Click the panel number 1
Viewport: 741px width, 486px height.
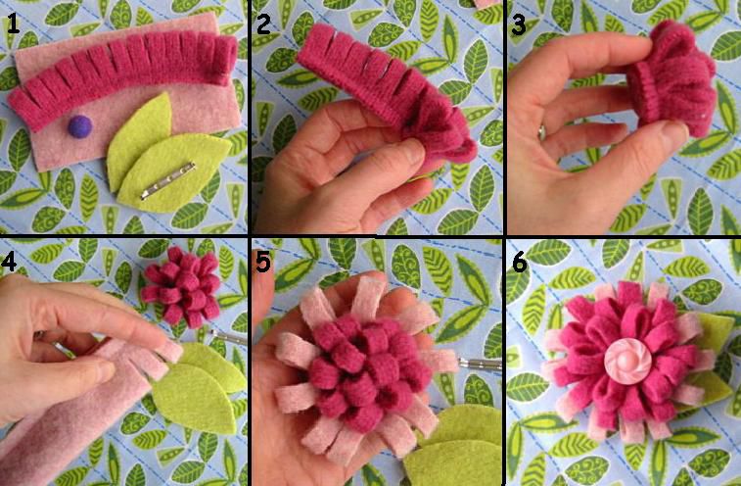pos(13,24)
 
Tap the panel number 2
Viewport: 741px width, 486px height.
pos(263,24)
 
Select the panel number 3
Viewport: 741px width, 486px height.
pos(519,24)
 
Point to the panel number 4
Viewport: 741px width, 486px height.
pos(9,262)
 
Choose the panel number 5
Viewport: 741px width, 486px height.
pos(264,262)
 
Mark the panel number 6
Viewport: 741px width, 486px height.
pos(520,263)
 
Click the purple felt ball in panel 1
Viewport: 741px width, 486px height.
pos(80,126)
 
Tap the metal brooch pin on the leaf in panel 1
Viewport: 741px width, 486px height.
pos(167,180)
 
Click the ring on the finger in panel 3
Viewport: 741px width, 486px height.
pos(542,132)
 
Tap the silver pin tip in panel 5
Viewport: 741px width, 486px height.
pos(480,364)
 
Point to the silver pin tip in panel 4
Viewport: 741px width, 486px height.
pos(228,337)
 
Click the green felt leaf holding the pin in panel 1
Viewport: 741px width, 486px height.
pos(175,172)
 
